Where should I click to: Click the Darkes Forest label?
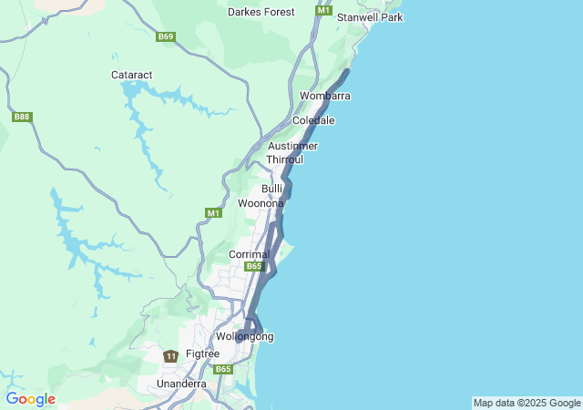pyautogui.click(x=261, y=12)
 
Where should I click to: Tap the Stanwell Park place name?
pyautogui.click(x=369, y=17)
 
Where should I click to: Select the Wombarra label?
pyautogui.click(x=325, y=96)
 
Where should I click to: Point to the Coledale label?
pyautogui.click(x=313, y=120)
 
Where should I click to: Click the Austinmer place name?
pyautogui.click(x=292, y=146)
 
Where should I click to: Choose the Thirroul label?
pyautogui.click(x=284, y=159)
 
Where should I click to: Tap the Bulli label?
pyautogui.click(x=272, y=189)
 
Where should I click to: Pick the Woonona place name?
pyautogui.click(x=261, y=203)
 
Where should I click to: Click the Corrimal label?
pyautogui.click(x=249, y=253)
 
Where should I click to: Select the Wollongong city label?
pyautogui.click(x=244, y=336)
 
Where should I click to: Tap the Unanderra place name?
pyautogui.click(x=181, y=384)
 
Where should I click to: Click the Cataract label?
pyautogui.click(x=132, y=74)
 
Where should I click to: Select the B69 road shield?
pyautogui.click(x=165, y=37)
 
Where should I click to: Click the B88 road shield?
pyautogui.click(x=22, y=117)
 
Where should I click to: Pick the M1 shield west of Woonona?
pyautogui.click(x=213, y=212)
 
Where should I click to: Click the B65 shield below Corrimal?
pyautogui.click(x=254, y=266)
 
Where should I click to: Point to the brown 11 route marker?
pyautogui.click(x=170, y=355)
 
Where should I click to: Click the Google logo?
pyautogui.click(x=30, y=399)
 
